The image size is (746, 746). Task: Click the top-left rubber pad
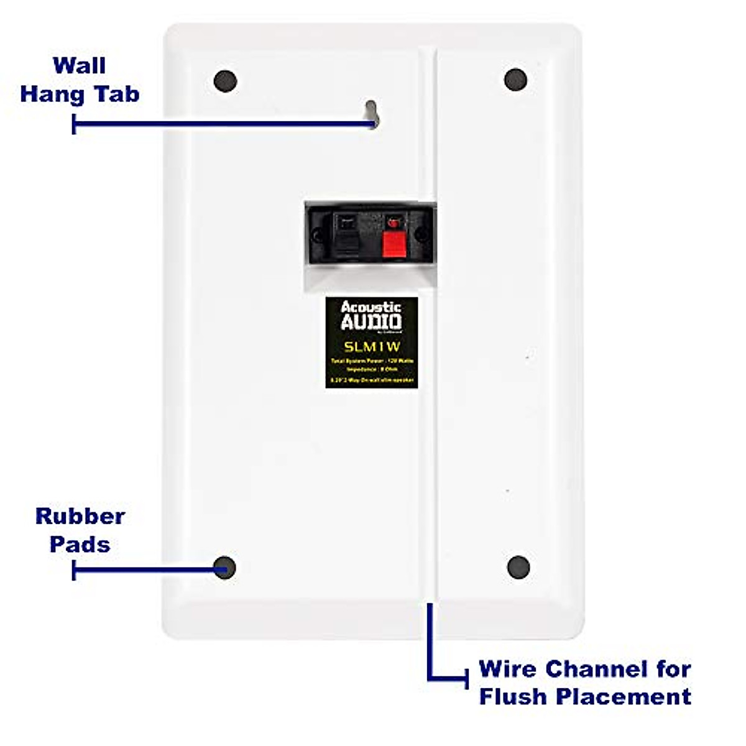(225, 80)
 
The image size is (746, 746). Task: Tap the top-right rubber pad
(515, 79)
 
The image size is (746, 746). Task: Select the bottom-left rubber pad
(224, 567)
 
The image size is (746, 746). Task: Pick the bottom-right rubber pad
(518, 567)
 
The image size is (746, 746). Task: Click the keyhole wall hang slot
(371, 113)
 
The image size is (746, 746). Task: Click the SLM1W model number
(372, 347)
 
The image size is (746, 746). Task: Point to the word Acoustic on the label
(371, 306)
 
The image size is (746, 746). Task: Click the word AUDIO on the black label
(371, 321)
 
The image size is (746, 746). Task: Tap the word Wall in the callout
(79, 65)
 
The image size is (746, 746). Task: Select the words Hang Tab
(80, 94)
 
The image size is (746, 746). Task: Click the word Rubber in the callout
(80, 516)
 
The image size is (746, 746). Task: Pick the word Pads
(80, 544)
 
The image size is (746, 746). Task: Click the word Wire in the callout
(507, 669)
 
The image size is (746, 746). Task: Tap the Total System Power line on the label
(372, 361)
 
